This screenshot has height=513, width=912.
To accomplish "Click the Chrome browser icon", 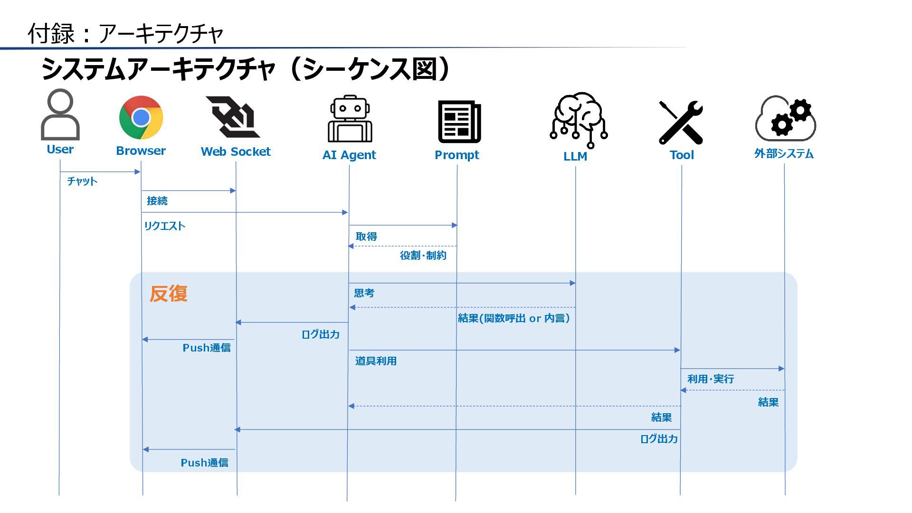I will pyautogui.click(x=141, y=117).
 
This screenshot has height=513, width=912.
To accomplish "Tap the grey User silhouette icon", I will pyautogui.click(x=60, y=114).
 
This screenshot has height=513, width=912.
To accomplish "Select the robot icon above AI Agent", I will pyautogui.click(x=350, y=119).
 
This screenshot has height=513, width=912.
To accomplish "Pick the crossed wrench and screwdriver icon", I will pyautogui.click(x=681, y=122).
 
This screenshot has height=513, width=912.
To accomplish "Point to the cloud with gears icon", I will pyautogui.click(x=786, y=119).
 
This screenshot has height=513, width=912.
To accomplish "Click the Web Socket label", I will pyautogui.click(x=236, y=152).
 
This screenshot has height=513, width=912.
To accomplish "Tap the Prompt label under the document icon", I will pyautogui.click(x=457, y=155).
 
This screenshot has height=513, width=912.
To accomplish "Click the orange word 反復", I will pyautogui.click(x=169, y=294).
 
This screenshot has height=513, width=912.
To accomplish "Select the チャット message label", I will pyautogui.click(x=82, y=181).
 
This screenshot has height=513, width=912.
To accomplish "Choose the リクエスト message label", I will pyautogui.click(x=164, y=226).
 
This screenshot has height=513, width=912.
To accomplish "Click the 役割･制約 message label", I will pyautogui.click(x=423, y=256).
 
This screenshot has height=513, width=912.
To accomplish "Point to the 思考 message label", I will pyautogui.click(x=364, y=293).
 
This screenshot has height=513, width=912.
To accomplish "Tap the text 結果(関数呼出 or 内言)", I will pyautogui.click(x=513, y=318).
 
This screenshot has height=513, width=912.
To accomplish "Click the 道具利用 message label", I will pyautogui.click(x=376, y=361).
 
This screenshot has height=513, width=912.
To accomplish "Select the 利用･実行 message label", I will pyautogui.click(x=711, y=379).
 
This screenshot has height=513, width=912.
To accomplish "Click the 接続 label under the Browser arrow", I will pyautogui.click(x=157, y=201).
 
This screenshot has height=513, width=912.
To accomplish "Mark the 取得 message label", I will pyautogui.click(x=366, y=237).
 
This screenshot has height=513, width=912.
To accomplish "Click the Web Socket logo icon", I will pyautogui.click(x=233, y=117).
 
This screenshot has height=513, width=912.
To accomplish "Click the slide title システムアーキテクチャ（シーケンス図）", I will pyautogui.click(x=245, y=69).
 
